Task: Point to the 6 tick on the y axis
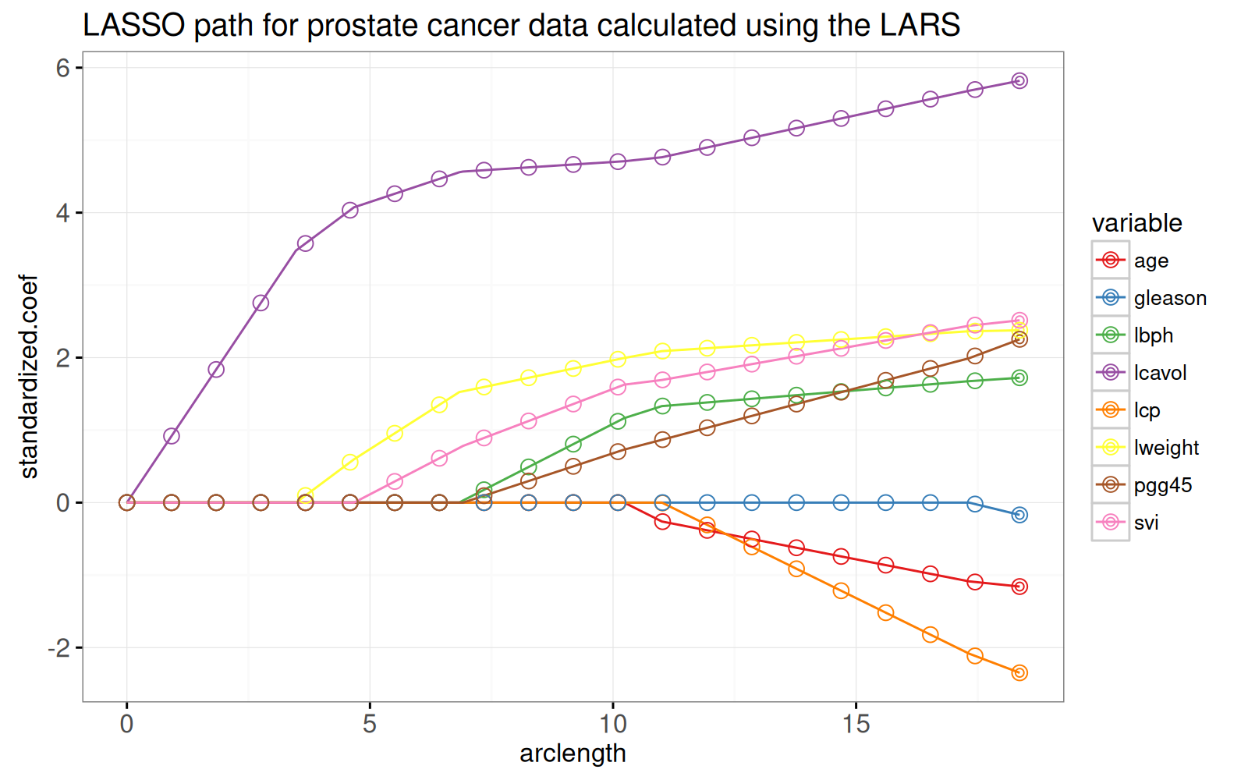pos(62,68)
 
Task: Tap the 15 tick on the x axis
pos(856,725)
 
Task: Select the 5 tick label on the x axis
pos(370,725)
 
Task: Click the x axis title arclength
pos(573,753)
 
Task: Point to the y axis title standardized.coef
pos(29,377)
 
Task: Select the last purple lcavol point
pos(1019,81)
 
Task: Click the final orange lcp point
pos(1019,672)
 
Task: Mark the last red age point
pos(1019,587)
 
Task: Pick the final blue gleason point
pos(1019,515)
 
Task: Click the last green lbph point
pos(1019,378)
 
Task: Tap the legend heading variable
pos(1136,223)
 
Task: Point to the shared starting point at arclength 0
pos(126,502)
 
